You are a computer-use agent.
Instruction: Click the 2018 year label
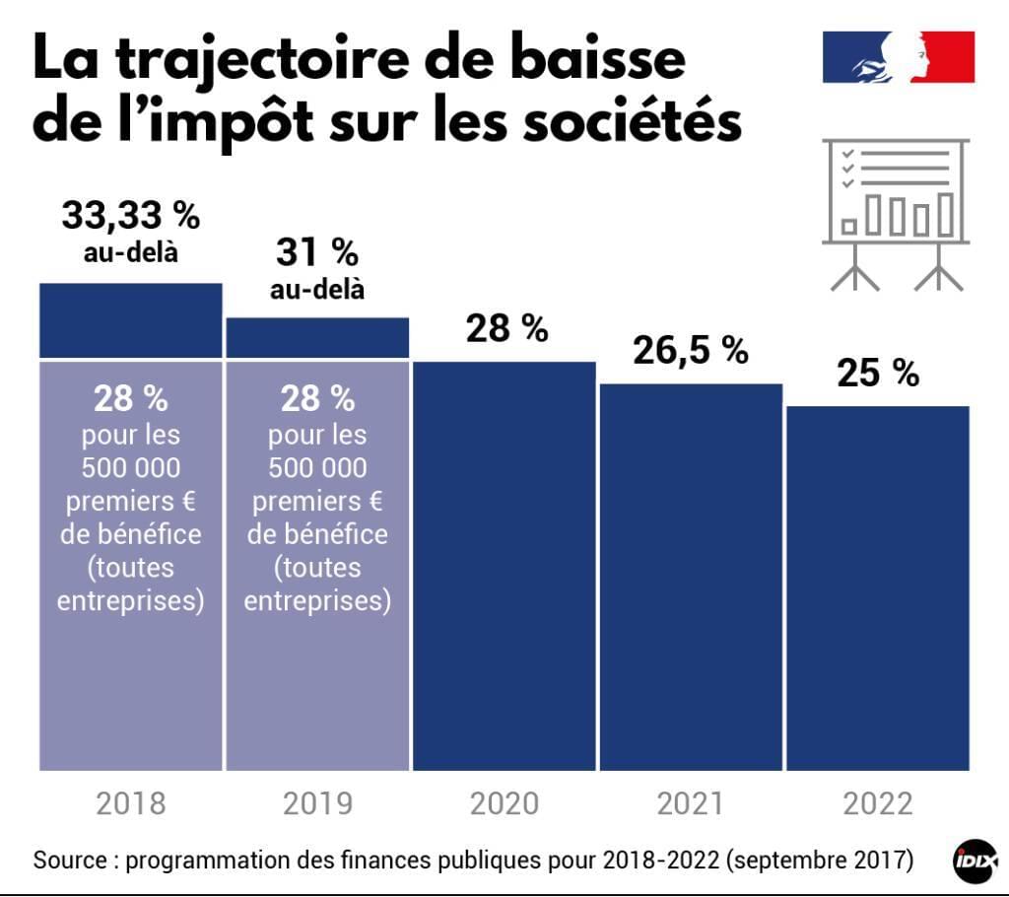coord(131,803)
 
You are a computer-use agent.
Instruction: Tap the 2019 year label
coord(317,803)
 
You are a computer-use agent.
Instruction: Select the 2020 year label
coord(504,803)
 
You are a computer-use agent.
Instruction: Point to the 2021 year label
coord(691,803)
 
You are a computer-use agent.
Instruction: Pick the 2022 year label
coord(878,803)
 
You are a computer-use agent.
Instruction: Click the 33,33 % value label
coord(130,215)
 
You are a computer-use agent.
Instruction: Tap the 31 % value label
coord(317,252)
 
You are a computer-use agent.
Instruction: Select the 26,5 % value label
coord(691,350)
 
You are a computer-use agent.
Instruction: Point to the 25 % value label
coord(878,373)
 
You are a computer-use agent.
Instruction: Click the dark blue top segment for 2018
coord(131,320)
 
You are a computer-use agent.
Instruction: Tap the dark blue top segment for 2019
coord(317,337)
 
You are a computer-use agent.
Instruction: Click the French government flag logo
coord(899,57)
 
